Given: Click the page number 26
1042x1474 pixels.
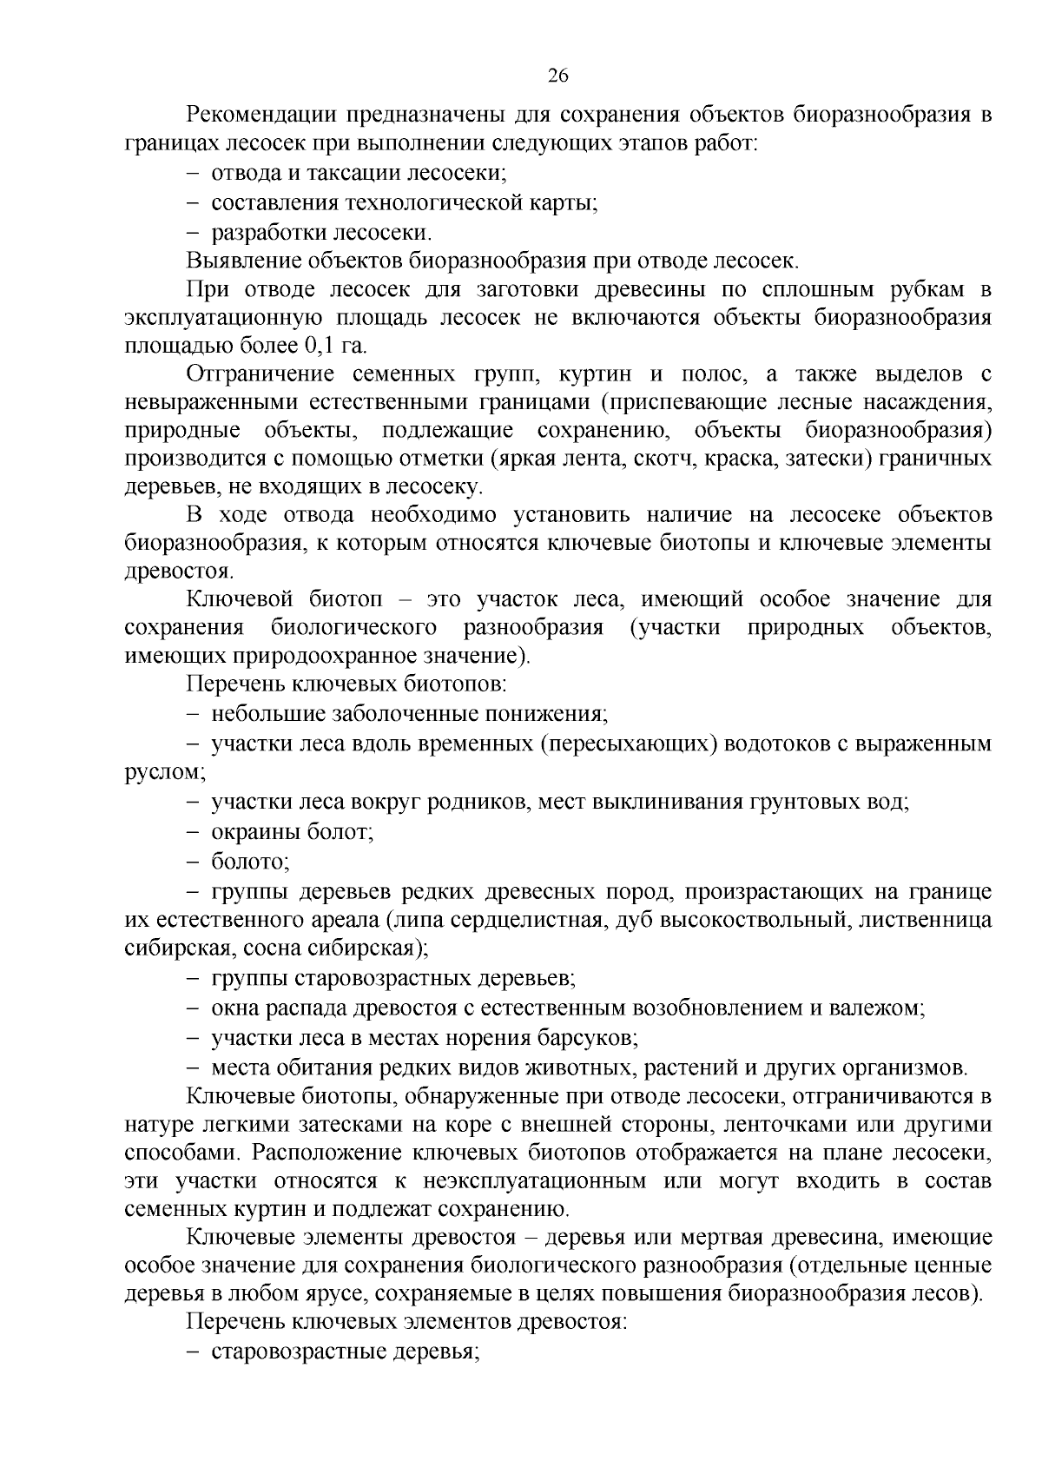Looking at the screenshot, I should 557,76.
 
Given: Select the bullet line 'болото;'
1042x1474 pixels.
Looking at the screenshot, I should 250,862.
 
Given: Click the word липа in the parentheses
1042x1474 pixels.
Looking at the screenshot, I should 419,919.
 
